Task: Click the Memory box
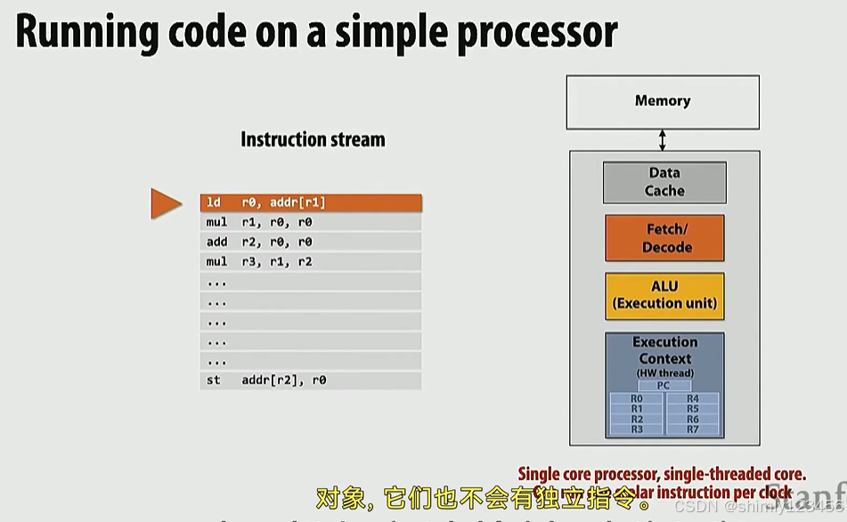click(663, 102)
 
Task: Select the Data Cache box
click(664, 182)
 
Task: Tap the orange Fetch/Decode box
click(664, 238)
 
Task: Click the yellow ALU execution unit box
click(664, 296)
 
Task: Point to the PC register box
click(664, 386)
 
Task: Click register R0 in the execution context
click(636, 399)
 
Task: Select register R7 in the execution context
click(693, 429)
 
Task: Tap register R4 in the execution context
click(693, 399)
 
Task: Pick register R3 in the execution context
click(636, 429)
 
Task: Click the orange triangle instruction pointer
click(165, 203)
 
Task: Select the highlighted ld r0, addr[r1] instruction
click(310, 203)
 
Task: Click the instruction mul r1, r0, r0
click(310, 223)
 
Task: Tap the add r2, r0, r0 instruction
click(310, 242)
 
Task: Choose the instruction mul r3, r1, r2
click(310, 262)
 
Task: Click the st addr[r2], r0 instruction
click(310, 380)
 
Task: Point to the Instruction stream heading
click(313, 140)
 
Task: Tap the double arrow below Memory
click(663, 139)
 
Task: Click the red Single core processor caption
click(662, 475)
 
